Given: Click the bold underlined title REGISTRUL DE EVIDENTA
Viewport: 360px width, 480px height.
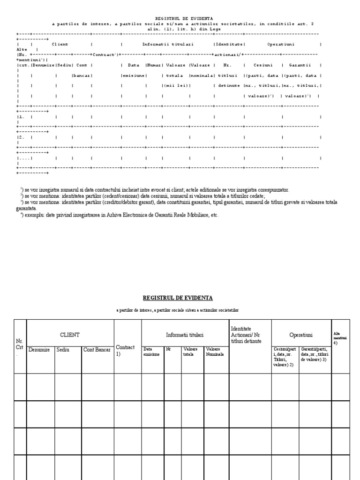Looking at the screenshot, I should tap(178, 298).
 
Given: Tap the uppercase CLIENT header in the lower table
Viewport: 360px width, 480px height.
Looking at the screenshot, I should tap(70, 335).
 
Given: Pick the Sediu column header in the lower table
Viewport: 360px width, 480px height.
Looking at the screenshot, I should tap(62, 350).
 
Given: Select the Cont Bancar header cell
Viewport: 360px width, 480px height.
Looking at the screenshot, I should tap(97, 350).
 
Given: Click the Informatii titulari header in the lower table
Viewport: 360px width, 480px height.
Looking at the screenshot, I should tap(185, 335).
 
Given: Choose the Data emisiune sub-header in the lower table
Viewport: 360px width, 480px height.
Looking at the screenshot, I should tap(151, 352).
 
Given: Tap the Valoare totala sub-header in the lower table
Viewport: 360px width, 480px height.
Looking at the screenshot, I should tap(190, 352).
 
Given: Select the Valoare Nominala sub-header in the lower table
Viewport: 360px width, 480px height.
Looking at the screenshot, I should tap(215, 352).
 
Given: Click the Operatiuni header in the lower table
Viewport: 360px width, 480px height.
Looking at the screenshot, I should tap(301, 335).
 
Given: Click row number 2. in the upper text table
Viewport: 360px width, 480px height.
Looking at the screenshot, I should tap(21, 137).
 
